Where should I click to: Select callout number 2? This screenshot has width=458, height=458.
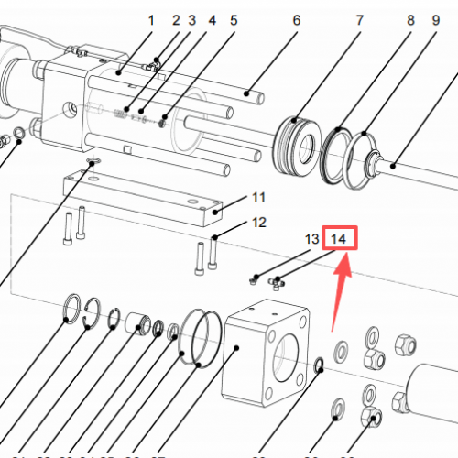point(176,19)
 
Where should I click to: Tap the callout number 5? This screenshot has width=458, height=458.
point(234,19)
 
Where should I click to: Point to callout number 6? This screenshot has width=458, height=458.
point(296,19)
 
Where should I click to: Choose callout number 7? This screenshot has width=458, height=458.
point(359,19)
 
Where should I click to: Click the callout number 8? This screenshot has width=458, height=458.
point(410,19)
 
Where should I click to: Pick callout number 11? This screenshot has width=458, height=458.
point(258,197)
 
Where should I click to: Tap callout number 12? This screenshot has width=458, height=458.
point(259,223)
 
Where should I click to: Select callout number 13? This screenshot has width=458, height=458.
point(311,239)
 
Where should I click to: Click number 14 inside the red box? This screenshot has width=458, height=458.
point(339,239)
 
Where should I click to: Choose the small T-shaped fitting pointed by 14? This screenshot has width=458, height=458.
point(278,283)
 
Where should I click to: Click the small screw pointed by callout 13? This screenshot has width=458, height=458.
point(256,278)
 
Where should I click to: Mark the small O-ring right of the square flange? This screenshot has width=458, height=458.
point(318,366)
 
